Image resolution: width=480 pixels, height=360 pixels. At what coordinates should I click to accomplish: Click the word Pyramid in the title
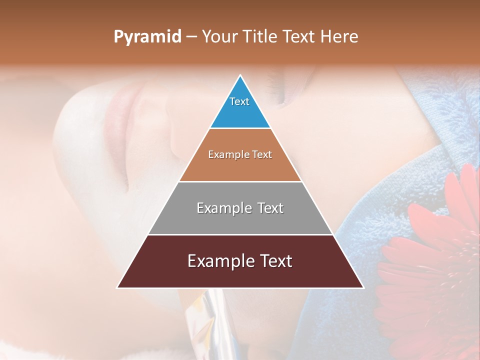click(147, 37)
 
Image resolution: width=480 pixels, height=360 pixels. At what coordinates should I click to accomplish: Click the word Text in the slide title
click(299, 37)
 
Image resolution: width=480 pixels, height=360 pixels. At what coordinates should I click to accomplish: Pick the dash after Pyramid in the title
click(191, 37)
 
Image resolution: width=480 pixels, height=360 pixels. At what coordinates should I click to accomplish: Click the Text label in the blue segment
click(239, 101)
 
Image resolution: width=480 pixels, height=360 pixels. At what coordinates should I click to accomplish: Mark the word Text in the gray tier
click(270, 208)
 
